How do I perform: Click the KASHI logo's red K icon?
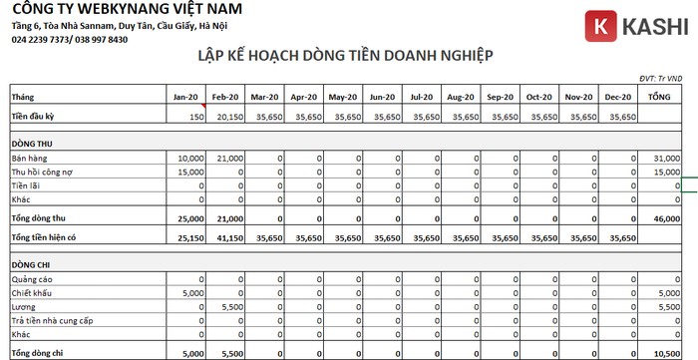pyautogui.click(x=599, y=26)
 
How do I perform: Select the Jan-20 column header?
pyautogui.click(x=186, y=97)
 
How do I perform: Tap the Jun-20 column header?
pyautogui.click(x=382, y=97)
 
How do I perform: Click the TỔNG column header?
pyautogui.click(x=658, y=97)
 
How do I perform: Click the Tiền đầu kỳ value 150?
pyautogui.click(x=196, y=117)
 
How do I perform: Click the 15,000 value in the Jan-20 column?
pyautogui.click(x=189, y=173)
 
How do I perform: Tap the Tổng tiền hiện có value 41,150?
pyautogui.click(x=227, y=238)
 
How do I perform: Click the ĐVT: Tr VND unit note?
pyautogui.click(x=660, y=78)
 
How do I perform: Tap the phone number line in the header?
pyautogui.click(x=70, y=40)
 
